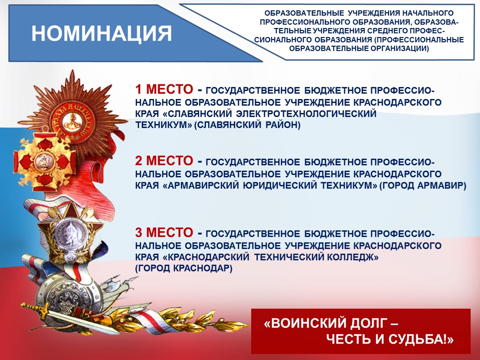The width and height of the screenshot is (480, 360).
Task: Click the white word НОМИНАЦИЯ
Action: coord(102,33)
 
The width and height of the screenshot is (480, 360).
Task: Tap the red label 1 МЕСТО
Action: coord(164,89)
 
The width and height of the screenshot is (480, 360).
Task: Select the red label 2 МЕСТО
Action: coord(164,161)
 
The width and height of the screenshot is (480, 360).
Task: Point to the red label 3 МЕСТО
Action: coord(164,232)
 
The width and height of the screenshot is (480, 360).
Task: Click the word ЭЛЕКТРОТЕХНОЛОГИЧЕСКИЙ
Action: coord(306,114)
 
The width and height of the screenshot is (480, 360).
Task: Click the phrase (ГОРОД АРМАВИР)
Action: coord(423,186)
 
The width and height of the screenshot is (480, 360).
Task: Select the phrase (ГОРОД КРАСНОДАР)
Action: coord(184,268)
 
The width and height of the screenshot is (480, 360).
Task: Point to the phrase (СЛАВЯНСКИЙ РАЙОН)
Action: coord(247,125)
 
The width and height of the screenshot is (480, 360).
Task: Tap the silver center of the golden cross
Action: coord(42,162)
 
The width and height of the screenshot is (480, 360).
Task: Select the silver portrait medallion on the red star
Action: coord(69,235)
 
